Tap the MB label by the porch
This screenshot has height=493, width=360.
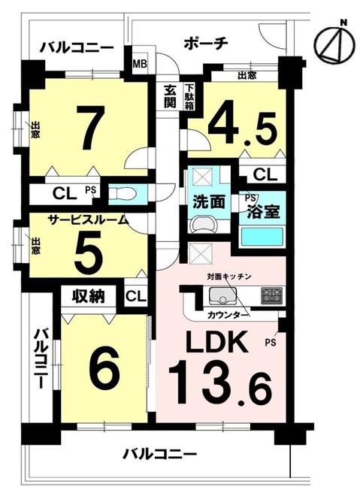140,62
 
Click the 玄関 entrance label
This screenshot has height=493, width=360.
171,96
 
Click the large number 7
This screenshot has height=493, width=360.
89,129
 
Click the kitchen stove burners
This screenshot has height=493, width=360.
271,294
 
